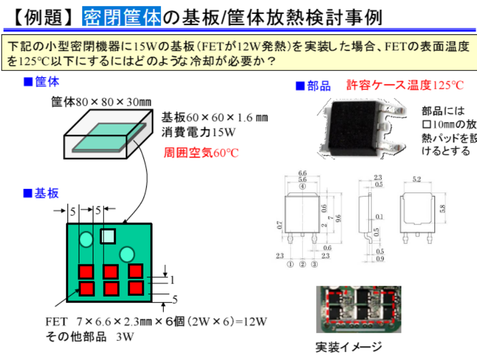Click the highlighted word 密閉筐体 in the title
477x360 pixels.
[x=121, y=17]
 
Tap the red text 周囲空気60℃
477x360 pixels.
[x=201, y=152]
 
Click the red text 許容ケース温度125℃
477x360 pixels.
[x=405, y=85]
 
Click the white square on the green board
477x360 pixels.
[x=107, y=236]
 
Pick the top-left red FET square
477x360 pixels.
[x=86, y=272]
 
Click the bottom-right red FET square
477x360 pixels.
[x=136, y=288]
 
